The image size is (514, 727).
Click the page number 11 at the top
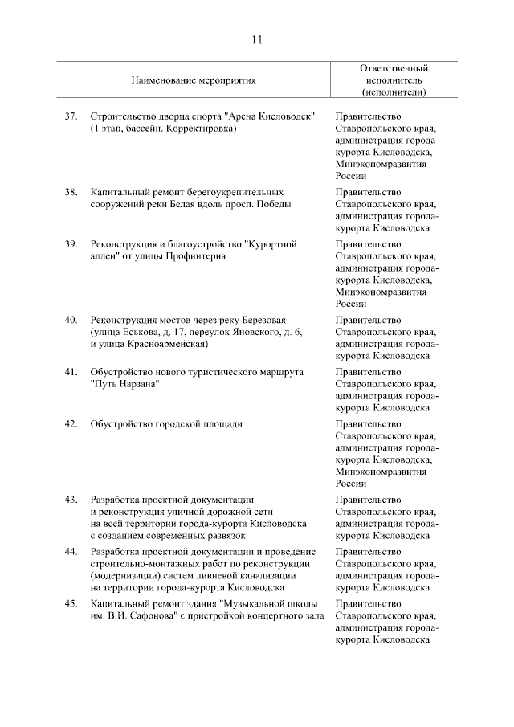point(257,40)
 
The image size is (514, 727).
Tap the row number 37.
point(71,116)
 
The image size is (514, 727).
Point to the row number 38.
point(71,192)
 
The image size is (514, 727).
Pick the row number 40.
point(71,320)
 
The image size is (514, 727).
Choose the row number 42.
point(71,424)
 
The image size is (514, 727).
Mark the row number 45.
point(71,603)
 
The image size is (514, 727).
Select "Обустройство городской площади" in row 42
point(166,424)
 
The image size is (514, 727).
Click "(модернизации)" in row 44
point(126,575)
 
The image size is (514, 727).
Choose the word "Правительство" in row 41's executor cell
point(367,372)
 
